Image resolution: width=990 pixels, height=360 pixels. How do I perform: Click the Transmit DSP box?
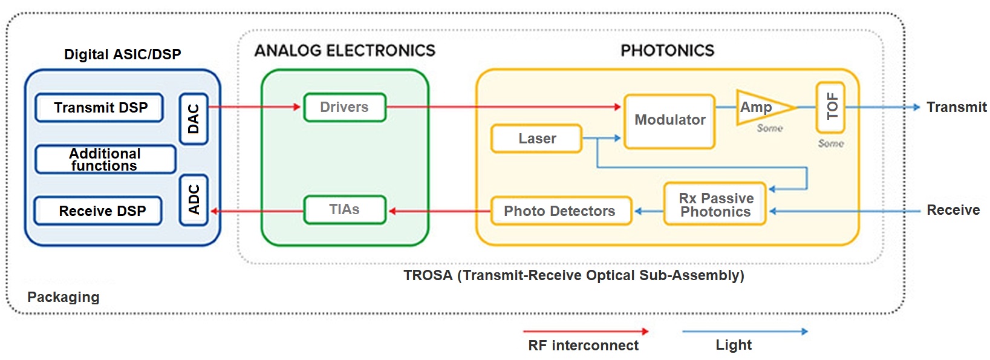pos(99,108)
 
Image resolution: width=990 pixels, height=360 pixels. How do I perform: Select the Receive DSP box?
pos(98,211)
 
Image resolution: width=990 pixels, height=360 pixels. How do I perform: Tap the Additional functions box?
pos(106,159)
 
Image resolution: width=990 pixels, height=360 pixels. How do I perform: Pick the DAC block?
pos(194,119)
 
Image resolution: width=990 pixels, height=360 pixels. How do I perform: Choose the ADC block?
pos(194,200)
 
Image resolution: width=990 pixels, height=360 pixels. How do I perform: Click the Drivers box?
pos(345,107)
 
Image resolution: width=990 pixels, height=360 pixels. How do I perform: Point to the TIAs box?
pos(345,209)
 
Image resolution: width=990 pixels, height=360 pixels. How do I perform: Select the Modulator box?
pos(669,121)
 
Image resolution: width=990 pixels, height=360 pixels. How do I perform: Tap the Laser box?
pos(536,139)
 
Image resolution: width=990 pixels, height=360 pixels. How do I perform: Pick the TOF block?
pos(830,108)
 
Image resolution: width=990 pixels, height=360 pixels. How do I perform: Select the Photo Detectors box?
pos(561,211)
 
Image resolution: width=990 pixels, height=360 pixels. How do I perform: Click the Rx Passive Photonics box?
pos(715,204)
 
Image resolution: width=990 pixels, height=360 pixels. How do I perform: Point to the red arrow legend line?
pos(585,331)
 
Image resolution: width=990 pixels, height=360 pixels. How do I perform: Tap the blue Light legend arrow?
pos(745,331)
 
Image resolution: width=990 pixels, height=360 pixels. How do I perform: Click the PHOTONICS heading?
pos(668,50)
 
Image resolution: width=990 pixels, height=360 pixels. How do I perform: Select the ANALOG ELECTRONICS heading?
pos(345,50)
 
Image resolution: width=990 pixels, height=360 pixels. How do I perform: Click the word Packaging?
pos(64,297)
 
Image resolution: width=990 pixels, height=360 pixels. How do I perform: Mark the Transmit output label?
pos(956,107)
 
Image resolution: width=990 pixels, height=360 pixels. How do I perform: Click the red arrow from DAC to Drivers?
pos(255,107)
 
